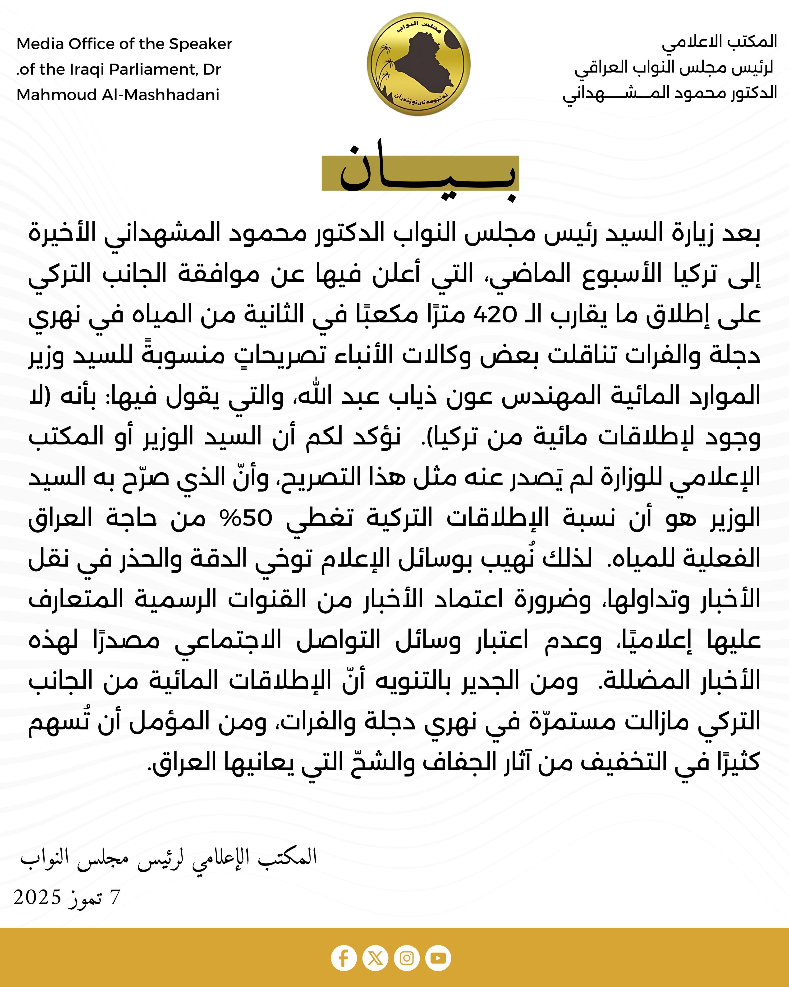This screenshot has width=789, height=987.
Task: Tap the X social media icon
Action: coord(375,958)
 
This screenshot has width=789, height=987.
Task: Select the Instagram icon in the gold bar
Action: coord(407,958)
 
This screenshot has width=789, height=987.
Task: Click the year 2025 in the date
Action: coord(37,897)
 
